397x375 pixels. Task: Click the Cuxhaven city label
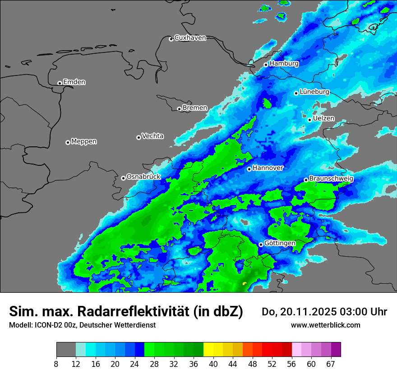190,38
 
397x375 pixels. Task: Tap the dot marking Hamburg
266,65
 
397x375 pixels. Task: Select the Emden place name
74,82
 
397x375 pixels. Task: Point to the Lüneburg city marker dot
296,93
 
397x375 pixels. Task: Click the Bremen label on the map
195,108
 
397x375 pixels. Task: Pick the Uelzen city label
323,118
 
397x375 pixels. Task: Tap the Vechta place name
152,136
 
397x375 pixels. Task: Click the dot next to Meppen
68,142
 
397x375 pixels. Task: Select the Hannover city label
268,168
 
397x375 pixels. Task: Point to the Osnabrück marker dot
123,178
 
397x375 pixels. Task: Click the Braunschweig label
331,179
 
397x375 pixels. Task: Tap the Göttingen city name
280,243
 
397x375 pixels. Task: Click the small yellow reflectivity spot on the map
245,283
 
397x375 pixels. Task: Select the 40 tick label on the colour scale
213,364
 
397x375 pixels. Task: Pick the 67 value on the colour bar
331,364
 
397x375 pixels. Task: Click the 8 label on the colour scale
56,364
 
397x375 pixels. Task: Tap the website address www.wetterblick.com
325,325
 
